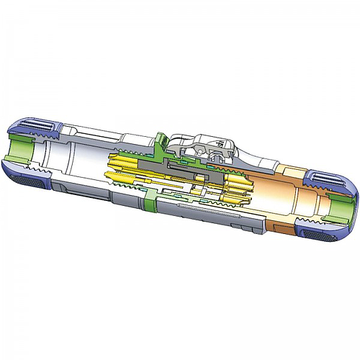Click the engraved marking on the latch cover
[x=215, y=145]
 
